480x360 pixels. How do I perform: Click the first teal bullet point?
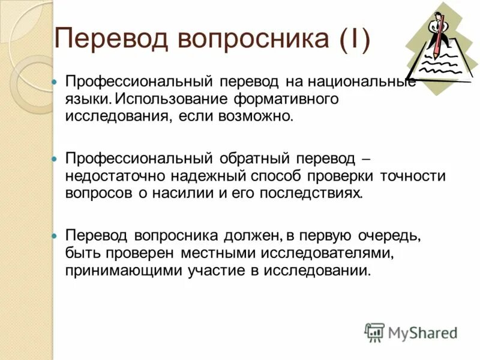53,81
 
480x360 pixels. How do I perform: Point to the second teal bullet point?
53,160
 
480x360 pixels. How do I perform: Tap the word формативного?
286,97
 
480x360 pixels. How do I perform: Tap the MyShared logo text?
423,332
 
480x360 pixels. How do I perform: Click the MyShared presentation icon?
374,331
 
